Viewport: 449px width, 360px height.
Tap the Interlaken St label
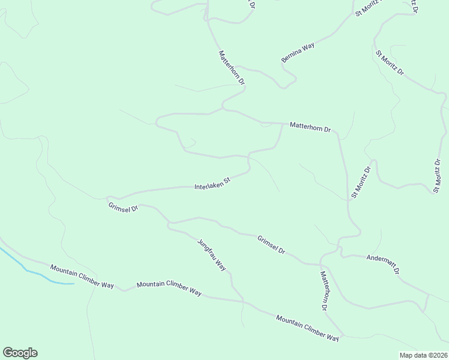point(212,184)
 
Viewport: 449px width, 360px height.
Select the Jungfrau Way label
point(212,255)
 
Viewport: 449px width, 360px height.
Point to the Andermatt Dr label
point(383,264)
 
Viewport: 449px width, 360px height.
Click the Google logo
point(20,353)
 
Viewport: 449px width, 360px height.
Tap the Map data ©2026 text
point(423,355)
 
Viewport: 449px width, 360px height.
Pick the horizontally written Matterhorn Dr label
point(310,128)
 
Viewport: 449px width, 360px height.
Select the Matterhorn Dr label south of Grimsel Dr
point(324,290)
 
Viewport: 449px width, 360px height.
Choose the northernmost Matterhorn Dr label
point(232,67)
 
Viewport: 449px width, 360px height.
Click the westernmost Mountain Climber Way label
point(82,277)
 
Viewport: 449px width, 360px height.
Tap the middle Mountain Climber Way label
point(169,288)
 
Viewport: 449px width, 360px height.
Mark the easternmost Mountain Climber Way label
point(307,328)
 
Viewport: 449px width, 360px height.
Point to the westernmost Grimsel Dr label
point(124,207)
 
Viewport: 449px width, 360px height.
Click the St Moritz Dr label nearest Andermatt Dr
point(362,182)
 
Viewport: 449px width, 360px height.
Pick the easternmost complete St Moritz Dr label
point(437,175)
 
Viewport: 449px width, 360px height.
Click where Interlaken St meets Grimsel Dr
point(109,197)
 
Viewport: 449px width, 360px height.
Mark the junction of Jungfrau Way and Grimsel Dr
point(170,225)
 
